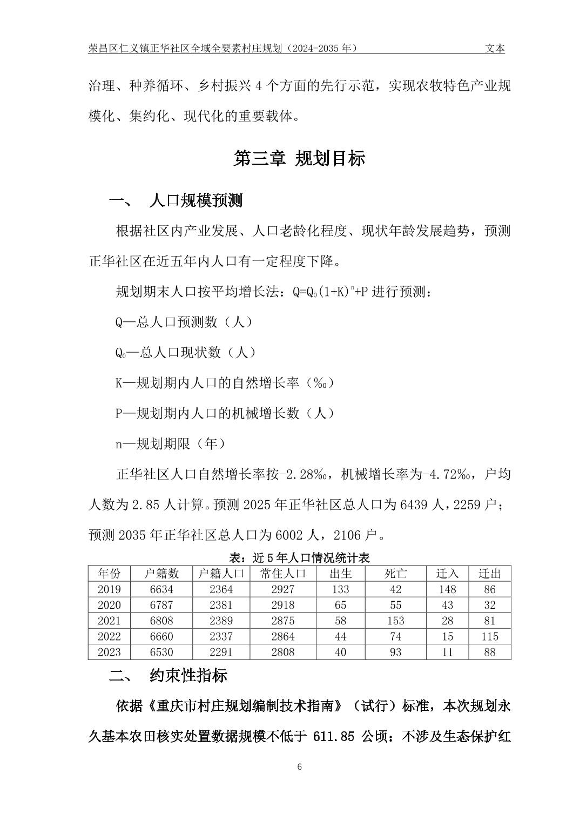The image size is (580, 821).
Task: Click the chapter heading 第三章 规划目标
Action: coord(300,158)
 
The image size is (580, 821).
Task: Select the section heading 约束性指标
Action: coord(188,676)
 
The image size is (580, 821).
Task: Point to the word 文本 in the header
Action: coord(495,49)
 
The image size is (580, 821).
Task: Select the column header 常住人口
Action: coord(282,574)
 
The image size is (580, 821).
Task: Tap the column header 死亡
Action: coord(395,574)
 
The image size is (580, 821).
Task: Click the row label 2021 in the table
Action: coord(109,621)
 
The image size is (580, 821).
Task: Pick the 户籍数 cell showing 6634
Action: coord(161,589)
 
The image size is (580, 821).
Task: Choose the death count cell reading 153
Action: coord(395,621)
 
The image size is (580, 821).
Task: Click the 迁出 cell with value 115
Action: coord(489,636)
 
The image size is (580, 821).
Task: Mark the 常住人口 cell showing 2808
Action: coord(282,652)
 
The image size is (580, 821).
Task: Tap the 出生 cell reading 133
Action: coord(340,589)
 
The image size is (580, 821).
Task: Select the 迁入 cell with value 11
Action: coord(447,652)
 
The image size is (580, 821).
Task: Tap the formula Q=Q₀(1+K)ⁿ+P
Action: coord(330,292)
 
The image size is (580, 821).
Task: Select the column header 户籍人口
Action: coord(221,574)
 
